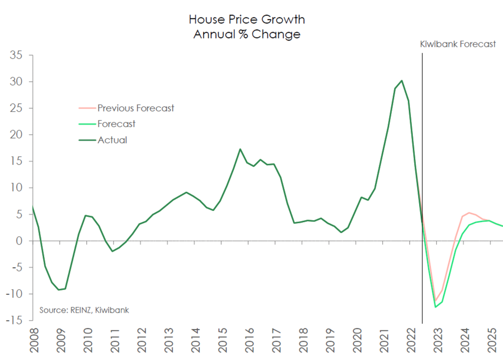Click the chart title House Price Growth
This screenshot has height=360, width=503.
click(x=247, y=20)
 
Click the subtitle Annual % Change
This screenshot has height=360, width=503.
click(x=247, y=34)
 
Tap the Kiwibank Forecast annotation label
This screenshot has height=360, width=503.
click(x=458, y=44)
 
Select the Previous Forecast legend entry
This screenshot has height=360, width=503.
click(x=126, y=108)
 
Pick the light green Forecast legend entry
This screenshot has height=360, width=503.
click(x=107, y=124)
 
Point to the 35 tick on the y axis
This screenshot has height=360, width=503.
click(x=16, y=55)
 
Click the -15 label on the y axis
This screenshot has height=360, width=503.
click(x=14, y=320)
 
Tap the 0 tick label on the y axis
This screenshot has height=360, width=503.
click(x=19, y=241)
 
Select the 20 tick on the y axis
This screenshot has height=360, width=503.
click(x=16, y=135)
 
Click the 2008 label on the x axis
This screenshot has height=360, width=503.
click(x=34, y=340)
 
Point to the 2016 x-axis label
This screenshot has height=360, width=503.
click(x=249, y=340)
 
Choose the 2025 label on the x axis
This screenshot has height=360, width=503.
click(x=492, y=340)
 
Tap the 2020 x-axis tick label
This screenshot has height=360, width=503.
click(x=357, y=340)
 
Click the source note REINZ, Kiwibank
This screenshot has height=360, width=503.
click(x=84, y=310)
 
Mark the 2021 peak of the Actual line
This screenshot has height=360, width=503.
click(x=401, y=81)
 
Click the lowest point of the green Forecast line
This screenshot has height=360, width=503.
click(x=435, y=307)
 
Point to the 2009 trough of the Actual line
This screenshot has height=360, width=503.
click(x=59, y=289)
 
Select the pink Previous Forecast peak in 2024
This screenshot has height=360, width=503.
click(x=469, y=213)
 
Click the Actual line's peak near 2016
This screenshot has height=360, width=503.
click(x=240, y=149)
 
